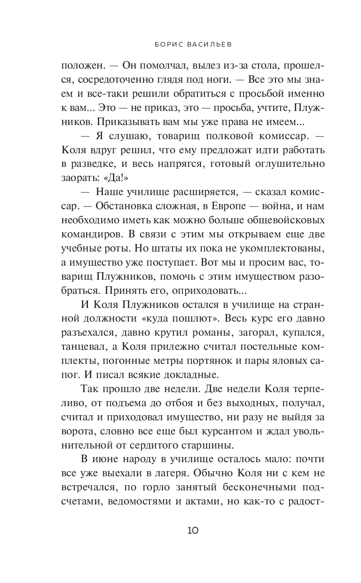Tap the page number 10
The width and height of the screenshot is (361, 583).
pyautogui.click(x=193, y=531)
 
